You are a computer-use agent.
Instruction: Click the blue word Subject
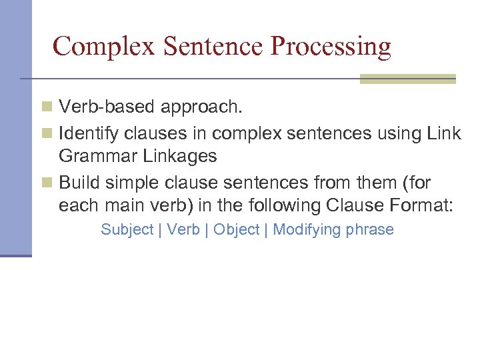click(127, 230)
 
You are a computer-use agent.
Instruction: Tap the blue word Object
click(237, 230)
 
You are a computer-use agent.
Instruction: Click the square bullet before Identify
click(46, 134)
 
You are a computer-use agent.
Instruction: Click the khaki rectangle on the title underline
click(407, 79)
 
